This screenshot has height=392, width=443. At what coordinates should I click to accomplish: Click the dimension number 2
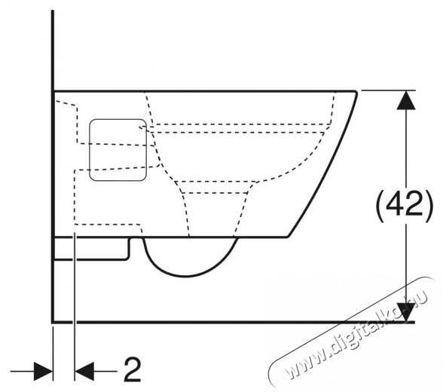pyautogui.click(x=133, y=369)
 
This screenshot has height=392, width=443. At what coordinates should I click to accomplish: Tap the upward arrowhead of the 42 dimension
pyautogui.click(x=406, y=100)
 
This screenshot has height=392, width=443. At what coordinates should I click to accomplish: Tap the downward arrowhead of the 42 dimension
pyautogui.click(x=406, y=312)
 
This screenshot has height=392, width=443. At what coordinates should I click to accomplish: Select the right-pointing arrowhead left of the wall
pyautogui.click(x=43, y=371)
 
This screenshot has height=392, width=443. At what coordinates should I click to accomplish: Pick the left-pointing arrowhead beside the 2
pyautogui.click(x=84, y=371)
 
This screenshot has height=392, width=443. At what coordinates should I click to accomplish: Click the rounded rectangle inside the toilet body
pyautogui.click(x=118, y=150)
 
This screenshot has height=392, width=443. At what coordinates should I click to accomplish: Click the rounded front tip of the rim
pyautogui.click(x=356, y=93)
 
